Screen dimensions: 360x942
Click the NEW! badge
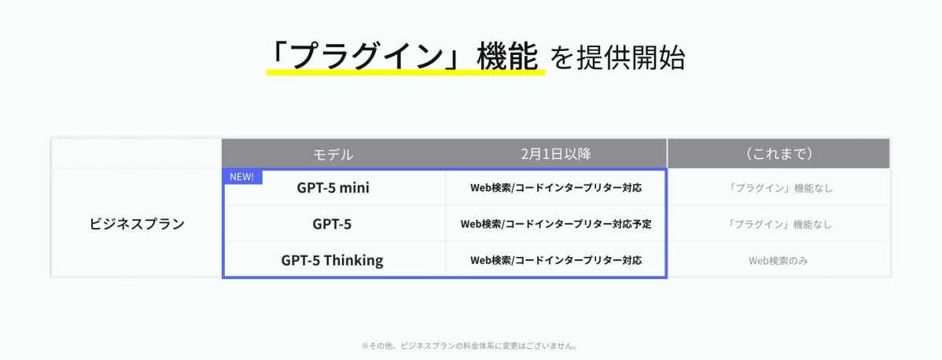[x=241, y=177]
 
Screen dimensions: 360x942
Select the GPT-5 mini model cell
[x=333, y=188]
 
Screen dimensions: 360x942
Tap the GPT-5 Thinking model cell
[x=332, y=260]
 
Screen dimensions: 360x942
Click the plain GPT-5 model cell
[x=332, y=224]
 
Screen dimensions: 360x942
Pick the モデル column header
[x=333, y=154]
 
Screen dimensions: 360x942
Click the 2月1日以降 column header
[x=555, y=154]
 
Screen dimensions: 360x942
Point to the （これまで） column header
[x=778, y=154]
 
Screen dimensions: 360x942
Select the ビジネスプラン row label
[x=137, y=224]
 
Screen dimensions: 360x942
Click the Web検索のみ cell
[x=778, y=260]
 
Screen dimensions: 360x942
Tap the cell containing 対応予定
[x=555, y=224]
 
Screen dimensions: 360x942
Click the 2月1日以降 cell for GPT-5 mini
[x=555, y=188]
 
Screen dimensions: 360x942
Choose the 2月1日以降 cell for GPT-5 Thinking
[x=555, y=260]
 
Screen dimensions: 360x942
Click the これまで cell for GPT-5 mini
[x=778, y=188]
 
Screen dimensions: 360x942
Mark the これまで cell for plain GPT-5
[x=778, y=224]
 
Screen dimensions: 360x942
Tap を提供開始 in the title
[x=618, y=58]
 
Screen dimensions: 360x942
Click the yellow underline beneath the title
[x=406, y=73]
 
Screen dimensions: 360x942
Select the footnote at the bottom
[x=470, y=345]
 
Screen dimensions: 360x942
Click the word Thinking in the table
[x=353, y=260]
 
